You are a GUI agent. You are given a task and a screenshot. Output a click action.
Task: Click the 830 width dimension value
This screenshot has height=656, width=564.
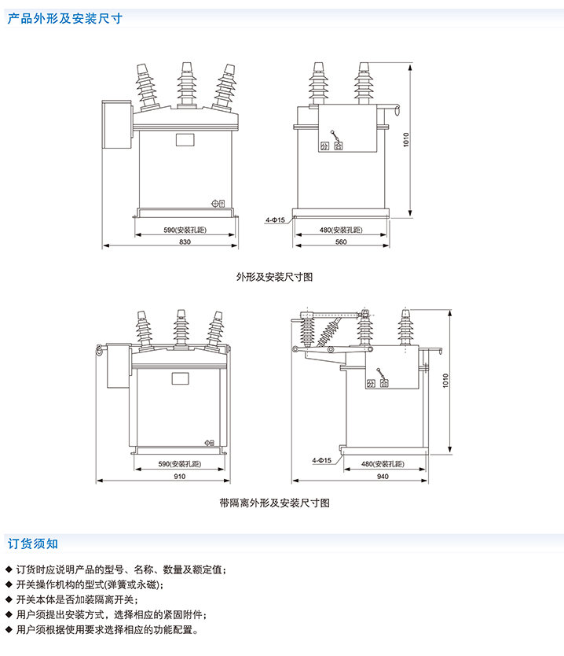tap(185, 242)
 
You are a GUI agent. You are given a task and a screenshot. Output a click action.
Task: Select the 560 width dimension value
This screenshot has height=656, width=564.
tap(341, 242)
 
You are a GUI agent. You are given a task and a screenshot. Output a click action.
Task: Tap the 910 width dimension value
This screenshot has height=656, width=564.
tap(181, 477)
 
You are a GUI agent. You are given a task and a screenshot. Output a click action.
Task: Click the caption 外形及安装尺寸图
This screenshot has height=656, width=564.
tap(275, 277)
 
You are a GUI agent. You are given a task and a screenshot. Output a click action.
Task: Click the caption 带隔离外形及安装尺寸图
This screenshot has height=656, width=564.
tap(275, 503)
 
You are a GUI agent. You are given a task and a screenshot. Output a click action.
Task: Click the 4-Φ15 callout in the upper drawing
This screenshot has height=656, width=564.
tap(275, 220)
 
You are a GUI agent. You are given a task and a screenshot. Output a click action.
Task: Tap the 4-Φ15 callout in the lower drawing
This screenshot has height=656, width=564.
tap(322, 459)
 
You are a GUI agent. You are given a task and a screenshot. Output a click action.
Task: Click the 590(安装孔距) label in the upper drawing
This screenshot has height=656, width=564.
tap(185, 230)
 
